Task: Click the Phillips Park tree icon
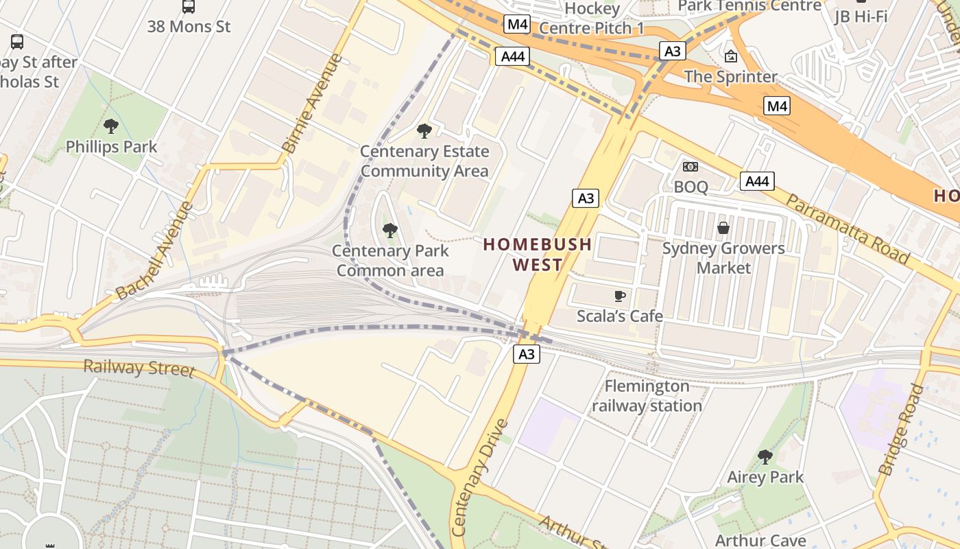(x=110, y=126)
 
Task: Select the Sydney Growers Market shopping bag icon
(x=723, y=228)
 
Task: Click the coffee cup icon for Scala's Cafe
(x=620, y=296)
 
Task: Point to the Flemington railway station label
(x=647, y=396)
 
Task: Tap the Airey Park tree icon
(x=765, y=456)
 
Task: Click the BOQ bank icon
(x=691, y=167)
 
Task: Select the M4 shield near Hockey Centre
(x=516, y=25)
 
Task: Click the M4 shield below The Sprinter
(x=777, y=106)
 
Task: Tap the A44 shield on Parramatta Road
(x=757, y=181)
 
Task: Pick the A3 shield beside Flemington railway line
(x=526, y=354)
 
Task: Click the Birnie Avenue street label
(x=312, y=104)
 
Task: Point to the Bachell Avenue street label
(x=154, y=251)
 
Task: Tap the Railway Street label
(x=139, y=367)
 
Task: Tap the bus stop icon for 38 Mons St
(x=189, y=7)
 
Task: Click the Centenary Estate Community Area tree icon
(x=424, y=130)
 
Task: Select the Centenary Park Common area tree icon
(x=390, y=231)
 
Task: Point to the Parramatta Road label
(x=847, y=229)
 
